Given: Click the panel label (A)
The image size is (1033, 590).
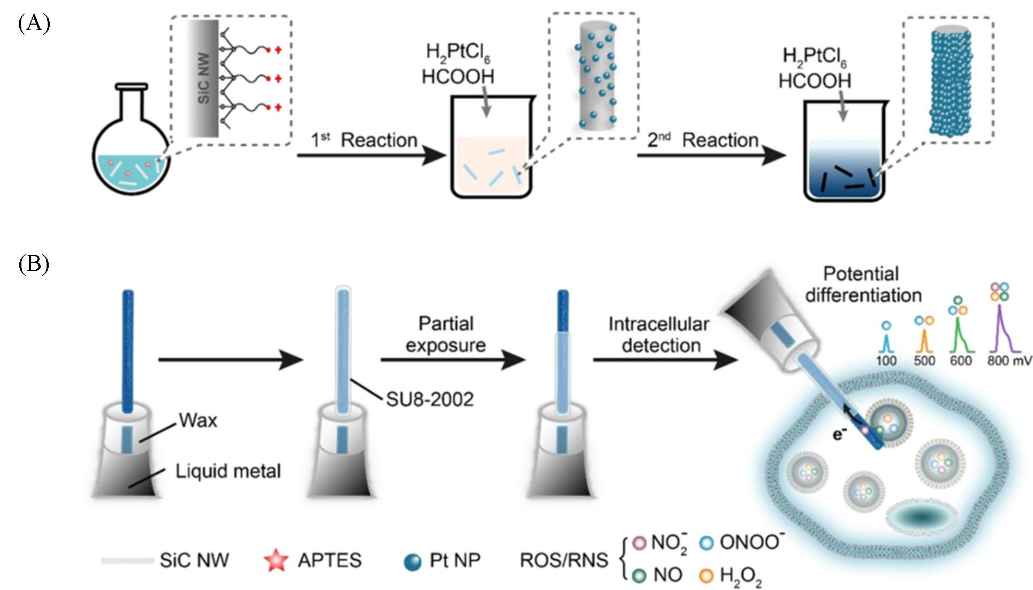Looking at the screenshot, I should tap(34, 24).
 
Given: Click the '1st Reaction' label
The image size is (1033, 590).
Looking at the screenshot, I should tap(364, 140).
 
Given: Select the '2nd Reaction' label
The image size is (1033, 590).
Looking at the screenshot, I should tap(703, 140).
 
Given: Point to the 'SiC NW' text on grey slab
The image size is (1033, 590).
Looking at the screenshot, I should tap(203, 78).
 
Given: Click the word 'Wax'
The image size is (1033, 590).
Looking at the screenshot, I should tap(198, 421).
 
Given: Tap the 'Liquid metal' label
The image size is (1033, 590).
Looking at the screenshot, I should tap(228, 471).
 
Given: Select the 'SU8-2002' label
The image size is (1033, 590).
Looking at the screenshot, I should tap(430, 399).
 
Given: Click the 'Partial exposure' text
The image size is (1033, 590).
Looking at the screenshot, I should tap(445, 335).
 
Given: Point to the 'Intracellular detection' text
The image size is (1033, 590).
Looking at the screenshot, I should tap(659, 335).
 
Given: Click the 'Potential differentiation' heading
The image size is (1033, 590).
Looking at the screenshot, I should tap(862, 284).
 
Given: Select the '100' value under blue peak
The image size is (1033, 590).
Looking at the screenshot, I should tap(886, 360).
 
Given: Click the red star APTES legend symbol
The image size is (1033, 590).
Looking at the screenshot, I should tap(276, 560).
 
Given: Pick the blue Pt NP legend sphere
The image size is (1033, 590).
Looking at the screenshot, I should tap(413, 562).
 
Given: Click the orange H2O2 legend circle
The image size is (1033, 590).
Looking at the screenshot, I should tap(707, 576).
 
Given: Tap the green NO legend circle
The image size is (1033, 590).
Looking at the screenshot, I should tap(639, 576).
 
